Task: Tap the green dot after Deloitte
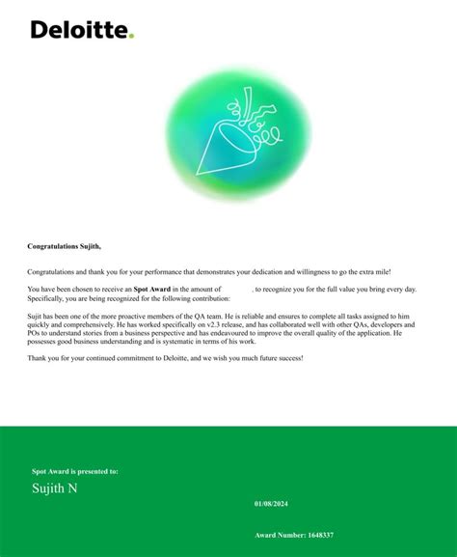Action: [x=131, y=36]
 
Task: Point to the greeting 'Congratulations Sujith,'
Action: [x=64, y=247]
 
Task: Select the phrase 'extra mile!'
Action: [x=372, y=273]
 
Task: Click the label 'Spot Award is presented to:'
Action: [x=75, y=471]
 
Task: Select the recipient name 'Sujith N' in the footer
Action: [x=55, y=488]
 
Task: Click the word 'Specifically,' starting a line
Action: [x=46, y=298]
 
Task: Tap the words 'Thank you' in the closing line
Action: [x=44, y=358]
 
